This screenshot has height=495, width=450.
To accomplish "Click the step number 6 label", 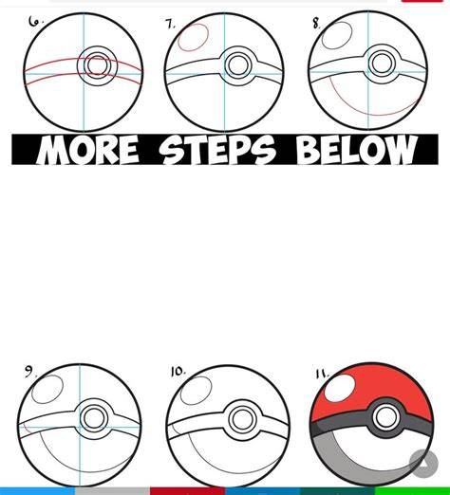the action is click(35, 22).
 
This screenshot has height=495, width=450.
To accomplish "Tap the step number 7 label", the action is click(171, 24).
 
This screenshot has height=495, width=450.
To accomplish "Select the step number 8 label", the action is click(316, 23).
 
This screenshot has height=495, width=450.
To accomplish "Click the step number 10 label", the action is click(178, 372).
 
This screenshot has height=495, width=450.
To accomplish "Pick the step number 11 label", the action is click(322, 375).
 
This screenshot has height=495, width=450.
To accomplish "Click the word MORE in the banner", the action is click(87, 150).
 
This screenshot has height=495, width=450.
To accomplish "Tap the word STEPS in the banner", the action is click(216, 150).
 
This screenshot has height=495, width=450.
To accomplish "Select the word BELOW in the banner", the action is click(356, 150).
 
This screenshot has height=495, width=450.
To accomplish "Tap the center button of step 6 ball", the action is click(97, 65).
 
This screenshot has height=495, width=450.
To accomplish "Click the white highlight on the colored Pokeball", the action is click(340, 389).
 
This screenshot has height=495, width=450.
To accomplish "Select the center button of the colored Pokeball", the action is click(385, 417).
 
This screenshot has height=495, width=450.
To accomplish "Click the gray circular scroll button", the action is click(423, 464).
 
